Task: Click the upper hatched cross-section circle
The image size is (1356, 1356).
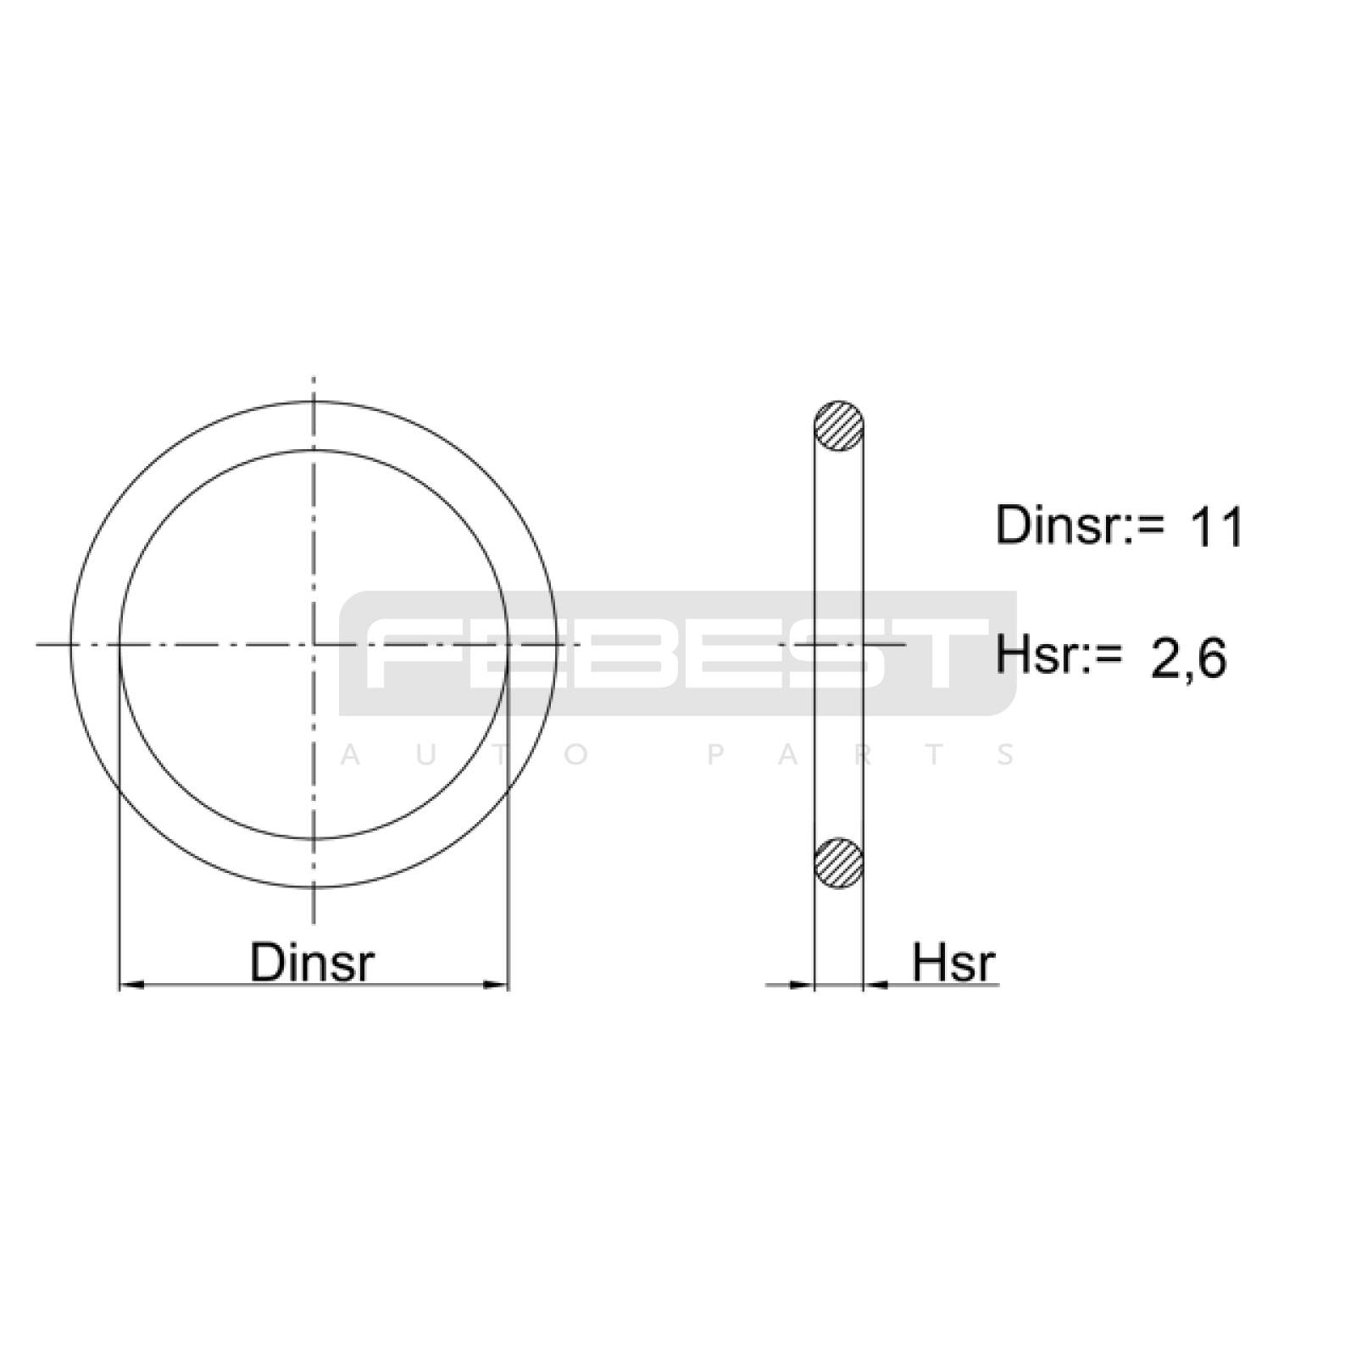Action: point(838,425)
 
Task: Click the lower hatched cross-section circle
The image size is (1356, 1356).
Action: point(838,863)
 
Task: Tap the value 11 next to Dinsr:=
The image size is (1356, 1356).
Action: point(1217,527)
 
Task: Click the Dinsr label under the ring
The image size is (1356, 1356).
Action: point(312,962)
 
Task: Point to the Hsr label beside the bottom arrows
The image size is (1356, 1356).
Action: point(953,962)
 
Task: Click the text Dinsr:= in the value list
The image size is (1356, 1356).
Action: point(1070,525)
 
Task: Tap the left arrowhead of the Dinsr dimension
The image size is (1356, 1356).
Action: point(131,985)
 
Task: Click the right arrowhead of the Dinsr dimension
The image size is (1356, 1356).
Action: point(496,985)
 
